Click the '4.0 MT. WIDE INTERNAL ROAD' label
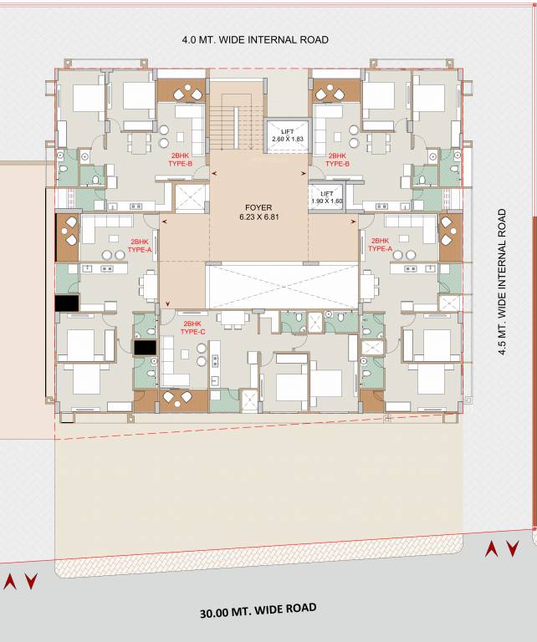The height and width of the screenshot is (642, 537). (255, 39)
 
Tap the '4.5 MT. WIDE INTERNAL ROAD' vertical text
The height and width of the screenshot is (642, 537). (503, 283)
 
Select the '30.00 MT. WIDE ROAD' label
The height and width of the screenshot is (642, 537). (258, 610)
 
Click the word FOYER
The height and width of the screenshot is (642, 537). (258, 207)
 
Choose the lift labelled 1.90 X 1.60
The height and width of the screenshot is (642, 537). (326, 197)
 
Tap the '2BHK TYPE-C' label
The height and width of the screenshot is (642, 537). (192, 327)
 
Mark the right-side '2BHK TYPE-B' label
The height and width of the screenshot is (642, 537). (337, 160)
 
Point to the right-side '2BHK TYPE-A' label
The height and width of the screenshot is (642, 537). (381, 244)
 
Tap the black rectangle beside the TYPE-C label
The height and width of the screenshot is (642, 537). (145, 346)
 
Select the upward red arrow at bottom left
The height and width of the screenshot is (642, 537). (11, 582)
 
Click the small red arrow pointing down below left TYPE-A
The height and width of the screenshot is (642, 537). (169, 304)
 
